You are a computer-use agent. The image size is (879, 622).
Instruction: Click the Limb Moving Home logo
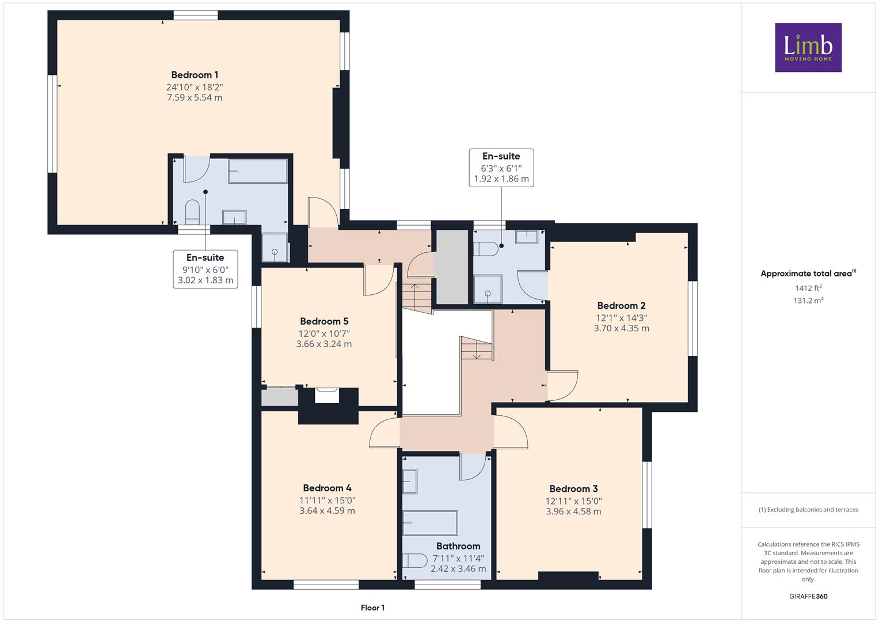tap(808, 47)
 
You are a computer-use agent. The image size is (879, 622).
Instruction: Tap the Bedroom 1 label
tap(195, 75)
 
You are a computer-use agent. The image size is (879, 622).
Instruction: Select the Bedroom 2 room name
tap(621, 305)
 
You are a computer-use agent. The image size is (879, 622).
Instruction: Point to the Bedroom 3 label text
tap(573, 488)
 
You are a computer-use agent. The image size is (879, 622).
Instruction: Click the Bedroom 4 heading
tap(328, 488)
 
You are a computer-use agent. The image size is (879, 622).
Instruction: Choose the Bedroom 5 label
tap(324, 321)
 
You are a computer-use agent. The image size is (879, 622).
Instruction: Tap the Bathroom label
tap(458, 546)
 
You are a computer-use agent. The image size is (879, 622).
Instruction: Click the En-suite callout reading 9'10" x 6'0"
tap(206, 269)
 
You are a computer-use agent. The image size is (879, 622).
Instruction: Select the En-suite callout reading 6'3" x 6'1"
tap(501, 168)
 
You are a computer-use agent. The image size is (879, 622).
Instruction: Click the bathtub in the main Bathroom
tap(430, 523)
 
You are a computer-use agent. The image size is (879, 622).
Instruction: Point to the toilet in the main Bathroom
tap(415, 561)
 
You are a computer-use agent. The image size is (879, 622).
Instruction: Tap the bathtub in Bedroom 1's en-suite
tap(258, 171)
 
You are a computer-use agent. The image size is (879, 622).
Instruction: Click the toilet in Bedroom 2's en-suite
tap(486, 249)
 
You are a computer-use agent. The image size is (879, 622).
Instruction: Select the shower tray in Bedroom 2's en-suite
tap(488, 289)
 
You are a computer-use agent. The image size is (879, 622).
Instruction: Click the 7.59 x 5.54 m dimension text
tap(195, 97)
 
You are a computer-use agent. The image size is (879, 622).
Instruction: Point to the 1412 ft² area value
tap(808, 288)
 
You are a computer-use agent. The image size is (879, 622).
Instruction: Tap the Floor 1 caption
tap(372, 608)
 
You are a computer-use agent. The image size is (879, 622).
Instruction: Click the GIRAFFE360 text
tap(808, 596)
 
